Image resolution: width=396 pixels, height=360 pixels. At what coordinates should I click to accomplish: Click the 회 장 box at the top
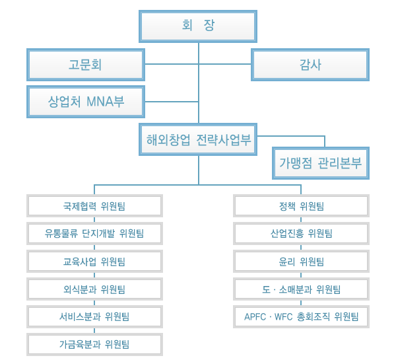click(x=198, y=26)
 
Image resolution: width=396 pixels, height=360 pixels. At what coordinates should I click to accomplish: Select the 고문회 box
click(x=86, y=65)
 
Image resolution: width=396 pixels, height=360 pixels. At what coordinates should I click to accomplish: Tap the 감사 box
click(x=310, y=65)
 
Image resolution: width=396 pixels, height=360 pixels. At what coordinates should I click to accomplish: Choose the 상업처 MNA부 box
click(x=86, y=102)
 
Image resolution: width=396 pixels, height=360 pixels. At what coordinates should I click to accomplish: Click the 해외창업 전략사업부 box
click(x=198, y=139)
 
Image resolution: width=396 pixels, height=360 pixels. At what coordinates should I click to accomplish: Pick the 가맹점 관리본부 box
click(x=321, y=163)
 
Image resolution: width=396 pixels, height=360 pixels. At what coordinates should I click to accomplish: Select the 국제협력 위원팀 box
click(x=94, y=206)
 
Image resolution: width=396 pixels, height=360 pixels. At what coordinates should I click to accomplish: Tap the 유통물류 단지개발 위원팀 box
click(x=94, y=233)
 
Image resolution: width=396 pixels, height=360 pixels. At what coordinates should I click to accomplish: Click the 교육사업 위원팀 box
click(x=94, y=261)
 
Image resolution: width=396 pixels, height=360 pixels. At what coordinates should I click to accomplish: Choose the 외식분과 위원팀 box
click(x=94, y=289)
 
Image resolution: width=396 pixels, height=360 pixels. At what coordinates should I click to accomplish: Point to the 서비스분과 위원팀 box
click(x=94, y=316)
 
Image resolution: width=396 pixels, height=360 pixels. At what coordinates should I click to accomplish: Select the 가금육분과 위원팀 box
click(x=94, y=344)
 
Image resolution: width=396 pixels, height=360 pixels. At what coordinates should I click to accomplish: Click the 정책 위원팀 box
click(x=301, y=206)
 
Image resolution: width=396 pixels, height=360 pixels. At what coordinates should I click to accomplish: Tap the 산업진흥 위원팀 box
click(x=301, y=233)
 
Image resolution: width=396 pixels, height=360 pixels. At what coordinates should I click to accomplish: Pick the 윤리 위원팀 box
click(x=301, y=261)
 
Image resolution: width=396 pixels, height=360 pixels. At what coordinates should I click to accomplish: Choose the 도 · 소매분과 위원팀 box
click(x=301, y=289)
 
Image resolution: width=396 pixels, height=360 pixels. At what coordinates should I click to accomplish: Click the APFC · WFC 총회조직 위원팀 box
click(x=301, y=316)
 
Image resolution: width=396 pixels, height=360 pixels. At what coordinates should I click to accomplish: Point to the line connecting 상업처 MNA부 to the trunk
click(x=172, y=102)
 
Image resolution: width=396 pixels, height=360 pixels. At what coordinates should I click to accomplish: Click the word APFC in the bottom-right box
click(x=255, y=317)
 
